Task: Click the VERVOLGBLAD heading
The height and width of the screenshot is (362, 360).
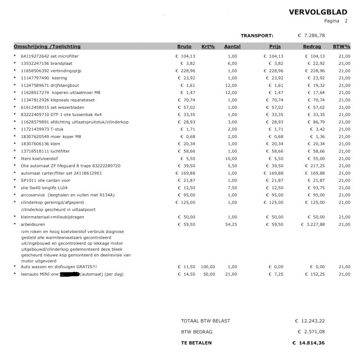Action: click(318, 12)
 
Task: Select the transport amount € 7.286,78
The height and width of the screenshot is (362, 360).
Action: click(311, 35)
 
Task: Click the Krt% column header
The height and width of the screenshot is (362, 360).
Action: click(208, 46)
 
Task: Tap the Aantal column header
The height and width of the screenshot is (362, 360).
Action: click(232, 46)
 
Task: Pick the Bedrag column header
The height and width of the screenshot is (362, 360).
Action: click(312, 46)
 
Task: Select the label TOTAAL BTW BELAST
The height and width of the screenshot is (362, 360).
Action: click(205, 321)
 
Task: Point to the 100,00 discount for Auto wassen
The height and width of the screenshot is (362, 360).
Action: click(208, 267)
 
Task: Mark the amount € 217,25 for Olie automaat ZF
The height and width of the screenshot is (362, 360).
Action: click(313, 165)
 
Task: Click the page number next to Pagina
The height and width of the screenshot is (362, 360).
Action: click(346, 21)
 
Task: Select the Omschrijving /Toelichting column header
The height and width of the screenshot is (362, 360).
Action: click(47, 46)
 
